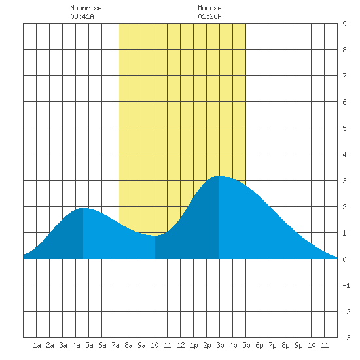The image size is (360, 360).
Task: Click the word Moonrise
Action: tap(86, 8)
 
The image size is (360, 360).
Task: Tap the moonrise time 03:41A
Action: tap(82, 16)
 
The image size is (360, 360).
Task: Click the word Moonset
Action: tap(211, 8)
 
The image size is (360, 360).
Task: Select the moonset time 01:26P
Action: tap(209, 16)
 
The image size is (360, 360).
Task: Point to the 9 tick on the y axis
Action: tap(344, 24)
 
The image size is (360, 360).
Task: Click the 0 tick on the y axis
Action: tap(344, 259)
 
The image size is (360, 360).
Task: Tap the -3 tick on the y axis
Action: tap(346, 338)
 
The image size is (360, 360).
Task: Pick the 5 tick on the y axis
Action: tap(344, 128)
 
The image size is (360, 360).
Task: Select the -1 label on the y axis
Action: tap(346, 285)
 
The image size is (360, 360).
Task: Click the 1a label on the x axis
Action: tap(37, 345)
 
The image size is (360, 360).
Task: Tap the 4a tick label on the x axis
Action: tap(76, 345)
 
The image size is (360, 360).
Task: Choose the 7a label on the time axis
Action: tap(115, 345)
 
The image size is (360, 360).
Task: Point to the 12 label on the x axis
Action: tap(181, 345)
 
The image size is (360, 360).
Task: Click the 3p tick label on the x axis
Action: tap(220, 345)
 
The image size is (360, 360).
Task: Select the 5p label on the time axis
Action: tap(246, 345)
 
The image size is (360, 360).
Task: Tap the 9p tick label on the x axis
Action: tap(298, 345)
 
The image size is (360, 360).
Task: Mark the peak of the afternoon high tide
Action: tap(219, 176)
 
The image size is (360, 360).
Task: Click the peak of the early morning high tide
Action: tap(83, 208)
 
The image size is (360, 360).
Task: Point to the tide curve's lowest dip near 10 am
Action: tap(154, 236)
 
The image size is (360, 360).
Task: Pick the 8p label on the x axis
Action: tap(285, 345)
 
